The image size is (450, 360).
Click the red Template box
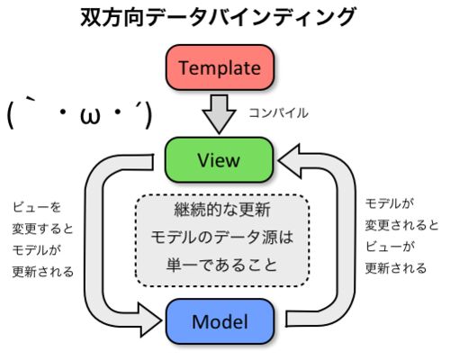tap(220, 67)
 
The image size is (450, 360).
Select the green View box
tap(220, 160)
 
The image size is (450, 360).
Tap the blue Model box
tap(220, 321)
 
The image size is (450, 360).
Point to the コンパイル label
tap(278, 113)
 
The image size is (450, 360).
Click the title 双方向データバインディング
tap(219, 17)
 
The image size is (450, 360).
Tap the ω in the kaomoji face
tap(90, 115)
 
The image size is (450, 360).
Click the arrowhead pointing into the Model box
tap(150, 319)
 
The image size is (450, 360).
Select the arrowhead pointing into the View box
tap(290, 160)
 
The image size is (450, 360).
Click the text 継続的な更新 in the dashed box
tap(222, 210)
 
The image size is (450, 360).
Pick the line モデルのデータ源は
tap(222, 238)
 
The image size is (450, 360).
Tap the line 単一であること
tap(222, 265)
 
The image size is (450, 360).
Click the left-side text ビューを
tap(37, 207)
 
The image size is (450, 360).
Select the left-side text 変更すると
tap(43, 229)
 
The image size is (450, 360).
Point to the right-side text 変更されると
tap(402, 225)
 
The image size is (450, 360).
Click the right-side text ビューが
tap(390, 247)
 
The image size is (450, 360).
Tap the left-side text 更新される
tap(43, 272)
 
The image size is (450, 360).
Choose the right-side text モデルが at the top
tap(390, 203)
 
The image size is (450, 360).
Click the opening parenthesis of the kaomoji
tap(11, 115)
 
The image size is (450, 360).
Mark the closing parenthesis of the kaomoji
tap(148, 115)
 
